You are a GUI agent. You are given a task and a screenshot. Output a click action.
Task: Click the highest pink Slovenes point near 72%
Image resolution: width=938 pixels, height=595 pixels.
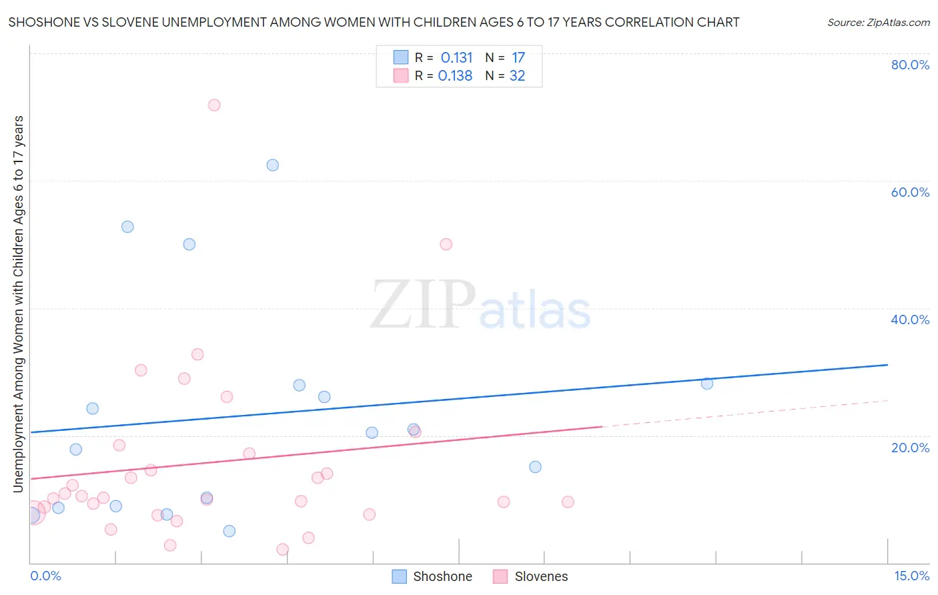point(214,105)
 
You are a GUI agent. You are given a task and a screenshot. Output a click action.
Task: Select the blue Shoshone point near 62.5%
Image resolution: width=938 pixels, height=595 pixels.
point(272,165)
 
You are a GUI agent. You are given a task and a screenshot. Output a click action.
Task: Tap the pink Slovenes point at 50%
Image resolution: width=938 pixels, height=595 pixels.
point(446,244)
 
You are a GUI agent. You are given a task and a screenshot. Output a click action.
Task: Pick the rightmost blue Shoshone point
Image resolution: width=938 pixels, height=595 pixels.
point(707,384)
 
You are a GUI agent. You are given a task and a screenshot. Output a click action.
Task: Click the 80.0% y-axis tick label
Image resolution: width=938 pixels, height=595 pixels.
point(910,65)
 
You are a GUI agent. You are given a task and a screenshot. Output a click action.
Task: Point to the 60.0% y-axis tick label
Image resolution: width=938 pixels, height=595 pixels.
point(910,192)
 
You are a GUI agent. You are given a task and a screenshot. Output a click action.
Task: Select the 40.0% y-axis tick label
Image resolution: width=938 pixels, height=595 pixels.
point(910,320)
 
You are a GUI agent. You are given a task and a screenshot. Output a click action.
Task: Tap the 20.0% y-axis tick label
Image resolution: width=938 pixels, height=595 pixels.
point(910,448)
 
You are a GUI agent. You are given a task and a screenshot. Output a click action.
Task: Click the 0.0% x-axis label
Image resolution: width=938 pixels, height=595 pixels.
point(45,576)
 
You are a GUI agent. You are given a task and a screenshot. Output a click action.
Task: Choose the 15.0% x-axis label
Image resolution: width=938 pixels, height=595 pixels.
point(911,576)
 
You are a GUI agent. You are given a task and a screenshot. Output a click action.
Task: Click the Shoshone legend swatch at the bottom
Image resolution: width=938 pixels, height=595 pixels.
point(399,576)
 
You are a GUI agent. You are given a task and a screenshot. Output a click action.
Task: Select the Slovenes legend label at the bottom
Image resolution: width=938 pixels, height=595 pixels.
point(541,576)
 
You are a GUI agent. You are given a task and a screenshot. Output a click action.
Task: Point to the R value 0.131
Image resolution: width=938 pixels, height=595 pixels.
point(456,58)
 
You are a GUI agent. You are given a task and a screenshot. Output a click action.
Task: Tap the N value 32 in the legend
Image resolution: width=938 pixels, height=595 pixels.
point(517,76)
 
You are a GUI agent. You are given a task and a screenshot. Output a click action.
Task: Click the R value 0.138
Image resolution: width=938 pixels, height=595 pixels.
point(455,76)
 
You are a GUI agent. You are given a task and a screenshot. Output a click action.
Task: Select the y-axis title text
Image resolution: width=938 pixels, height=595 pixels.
point(19,304)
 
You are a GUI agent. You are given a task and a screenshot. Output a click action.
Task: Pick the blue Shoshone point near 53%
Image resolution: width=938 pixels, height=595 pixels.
point(127,227)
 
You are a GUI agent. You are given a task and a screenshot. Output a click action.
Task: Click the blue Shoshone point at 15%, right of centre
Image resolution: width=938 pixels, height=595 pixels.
point(535,467)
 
